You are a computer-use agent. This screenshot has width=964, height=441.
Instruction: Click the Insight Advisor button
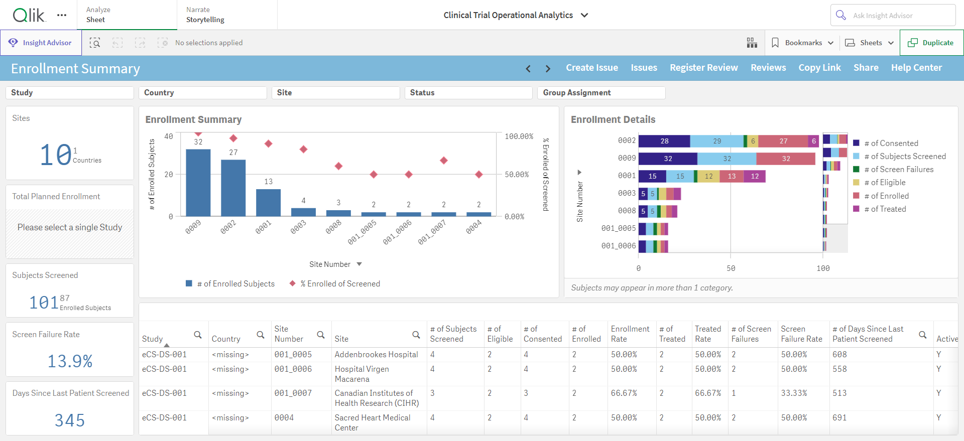click(41, 43)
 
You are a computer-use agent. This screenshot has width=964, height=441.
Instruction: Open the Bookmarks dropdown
click(802, 43)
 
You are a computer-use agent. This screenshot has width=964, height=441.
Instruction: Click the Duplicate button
click(931, 43)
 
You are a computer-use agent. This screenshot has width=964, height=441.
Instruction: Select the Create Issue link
click(592, 68)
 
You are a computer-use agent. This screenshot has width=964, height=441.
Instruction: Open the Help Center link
click(916, 68)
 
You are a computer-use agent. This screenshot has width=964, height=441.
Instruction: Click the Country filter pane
click(203, 93)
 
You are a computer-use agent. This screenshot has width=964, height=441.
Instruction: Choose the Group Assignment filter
click(601, 93)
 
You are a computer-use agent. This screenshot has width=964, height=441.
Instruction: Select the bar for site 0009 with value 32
click(198, 183)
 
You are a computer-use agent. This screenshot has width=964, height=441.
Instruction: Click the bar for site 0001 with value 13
click(269, 203)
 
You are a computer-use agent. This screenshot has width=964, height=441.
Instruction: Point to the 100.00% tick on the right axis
click(519, 136)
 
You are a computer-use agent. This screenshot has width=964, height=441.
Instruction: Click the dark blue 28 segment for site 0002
click(664, 141)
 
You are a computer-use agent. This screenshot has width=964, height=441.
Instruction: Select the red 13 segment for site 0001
click(732, 176)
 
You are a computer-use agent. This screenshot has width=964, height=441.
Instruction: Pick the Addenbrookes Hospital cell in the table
click(377, 355)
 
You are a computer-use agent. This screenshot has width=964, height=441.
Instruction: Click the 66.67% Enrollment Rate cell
click(624, 393)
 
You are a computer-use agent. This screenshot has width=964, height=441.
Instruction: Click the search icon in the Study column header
click(198, 335)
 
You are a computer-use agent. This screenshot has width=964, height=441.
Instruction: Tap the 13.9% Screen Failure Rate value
click(70, 361)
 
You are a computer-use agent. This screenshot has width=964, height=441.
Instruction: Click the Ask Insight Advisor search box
click(893, 15)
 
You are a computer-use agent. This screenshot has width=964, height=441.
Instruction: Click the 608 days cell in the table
click(839, 355)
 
